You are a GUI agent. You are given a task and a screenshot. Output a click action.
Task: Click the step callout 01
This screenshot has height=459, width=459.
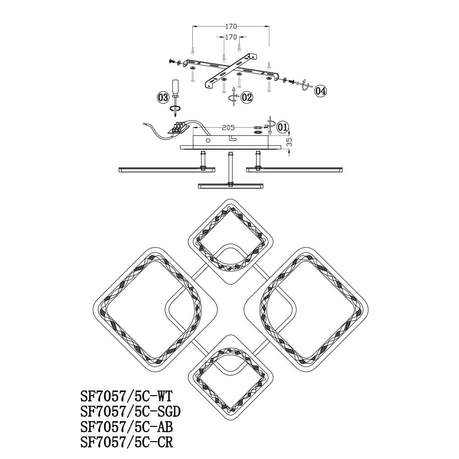282,127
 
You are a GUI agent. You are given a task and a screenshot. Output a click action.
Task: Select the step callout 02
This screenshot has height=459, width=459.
246,97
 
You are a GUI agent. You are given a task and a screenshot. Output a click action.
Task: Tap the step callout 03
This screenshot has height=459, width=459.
163,97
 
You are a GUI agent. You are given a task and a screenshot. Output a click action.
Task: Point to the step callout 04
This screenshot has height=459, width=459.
320,91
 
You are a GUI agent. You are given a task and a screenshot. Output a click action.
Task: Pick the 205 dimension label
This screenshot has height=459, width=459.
228,128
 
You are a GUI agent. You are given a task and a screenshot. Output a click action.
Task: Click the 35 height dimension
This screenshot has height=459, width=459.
289,143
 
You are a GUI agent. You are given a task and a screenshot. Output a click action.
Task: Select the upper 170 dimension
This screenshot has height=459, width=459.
231,27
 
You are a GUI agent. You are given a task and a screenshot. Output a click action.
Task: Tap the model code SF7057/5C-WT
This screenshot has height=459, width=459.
127,397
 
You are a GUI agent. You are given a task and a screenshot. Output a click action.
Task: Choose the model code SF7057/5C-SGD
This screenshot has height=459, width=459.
130,412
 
